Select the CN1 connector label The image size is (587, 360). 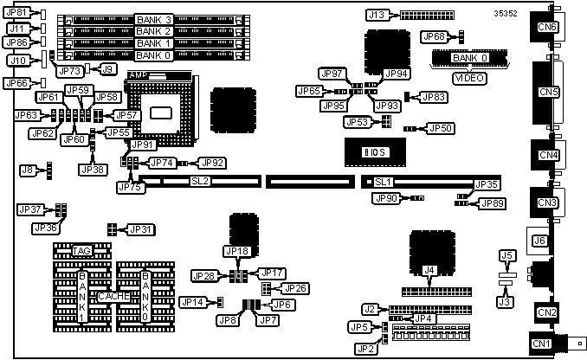(542, 344)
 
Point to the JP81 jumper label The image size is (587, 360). (16, 13)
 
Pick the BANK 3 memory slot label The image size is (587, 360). (155, 19)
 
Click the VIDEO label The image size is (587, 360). (470, 78)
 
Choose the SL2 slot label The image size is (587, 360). (200, 182)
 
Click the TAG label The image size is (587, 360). (82, 250)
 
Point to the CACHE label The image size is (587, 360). (114, 296)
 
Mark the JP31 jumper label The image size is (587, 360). (140, 229)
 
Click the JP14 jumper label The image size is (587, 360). (193, 302)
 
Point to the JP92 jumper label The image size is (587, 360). (213, 162)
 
